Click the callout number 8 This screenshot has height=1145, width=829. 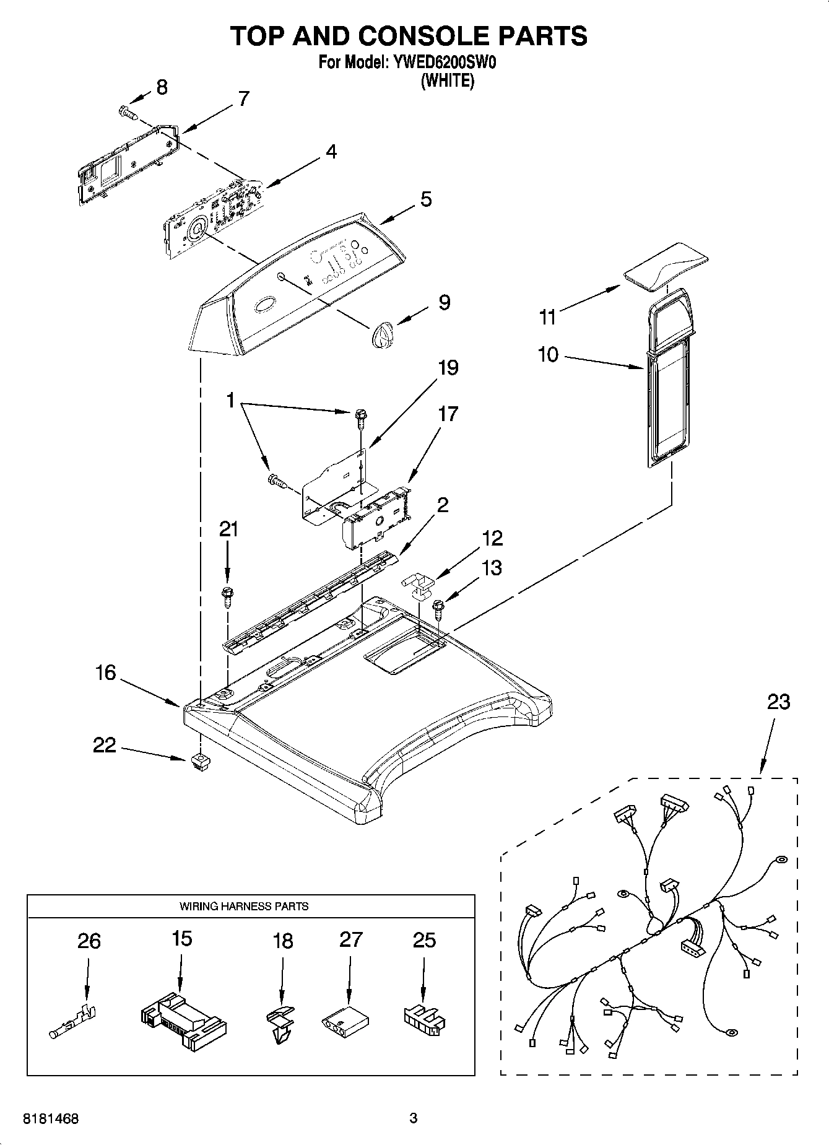click(162, 87)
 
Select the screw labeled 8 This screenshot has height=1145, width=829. click(127, 112)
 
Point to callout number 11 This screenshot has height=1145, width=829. click(547, 318)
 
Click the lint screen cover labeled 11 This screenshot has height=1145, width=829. click(666, 266)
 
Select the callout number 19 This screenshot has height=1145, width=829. click(448, 368)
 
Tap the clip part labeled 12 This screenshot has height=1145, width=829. click(420, 586)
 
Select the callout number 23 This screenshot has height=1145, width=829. click(778, 702)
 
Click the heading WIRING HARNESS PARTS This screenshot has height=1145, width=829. click(244, 906)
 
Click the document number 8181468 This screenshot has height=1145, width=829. click(51, 1119)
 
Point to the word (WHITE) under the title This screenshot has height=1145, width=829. click(447, 81)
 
